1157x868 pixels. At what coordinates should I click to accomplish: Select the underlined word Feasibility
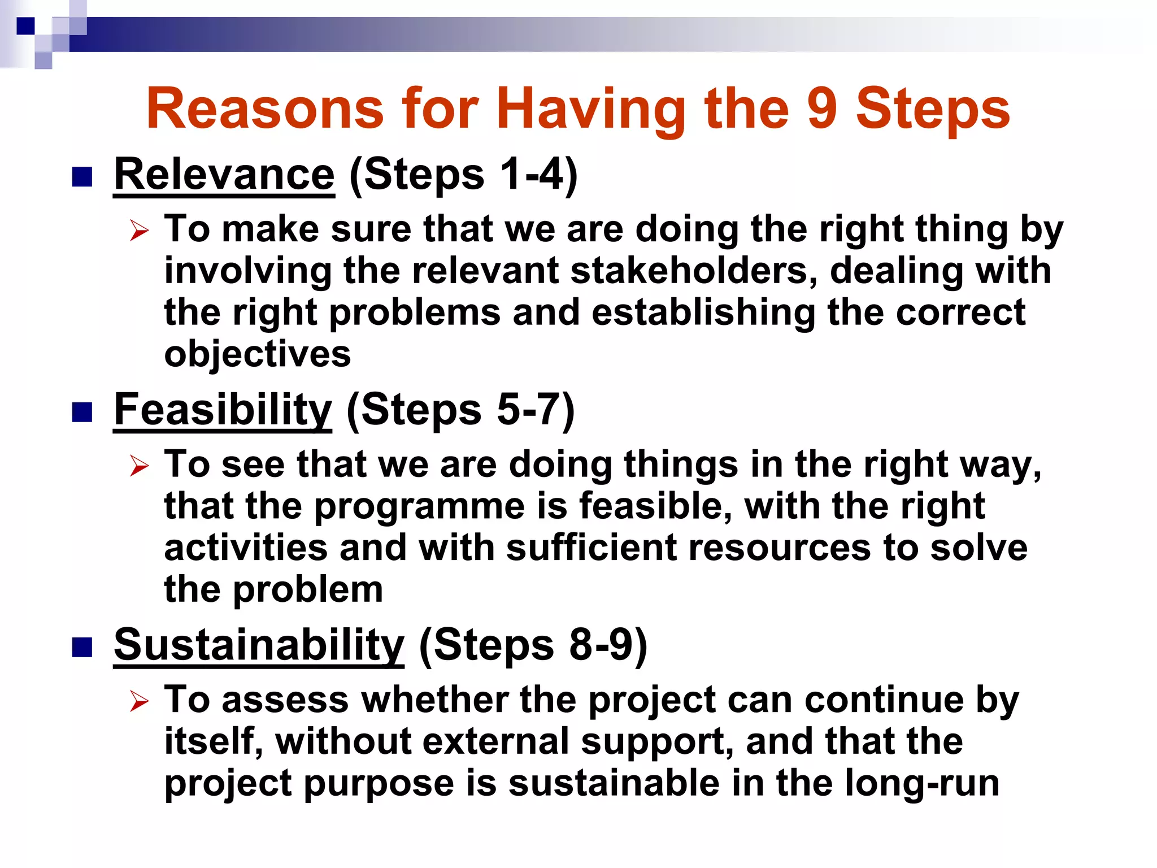pos(223,410)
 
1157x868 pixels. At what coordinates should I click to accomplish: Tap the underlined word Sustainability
pos(259,645)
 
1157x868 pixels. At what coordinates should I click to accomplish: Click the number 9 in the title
pos(821,108)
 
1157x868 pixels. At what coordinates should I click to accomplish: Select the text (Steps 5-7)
pos(460,410)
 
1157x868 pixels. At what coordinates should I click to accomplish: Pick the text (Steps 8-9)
pos(533,645)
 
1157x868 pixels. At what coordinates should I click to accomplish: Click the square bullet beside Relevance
pos(82,177)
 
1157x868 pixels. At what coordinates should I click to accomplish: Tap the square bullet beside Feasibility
pos(82,413)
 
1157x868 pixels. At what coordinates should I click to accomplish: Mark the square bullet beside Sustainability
pos(82,648)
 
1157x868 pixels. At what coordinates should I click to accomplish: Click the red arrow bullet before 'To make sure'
pos(139,231)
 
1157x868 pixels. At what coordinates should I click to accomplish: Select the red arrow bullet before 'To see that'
pos(139,466)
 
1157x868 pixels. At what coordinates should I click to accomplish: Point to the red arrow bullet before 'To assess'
pos(139,702)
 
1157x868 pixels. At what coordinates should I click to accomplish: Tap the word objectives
pos(257,355)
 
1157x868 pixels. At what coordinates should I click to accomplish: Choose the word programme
pos(419,506)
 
